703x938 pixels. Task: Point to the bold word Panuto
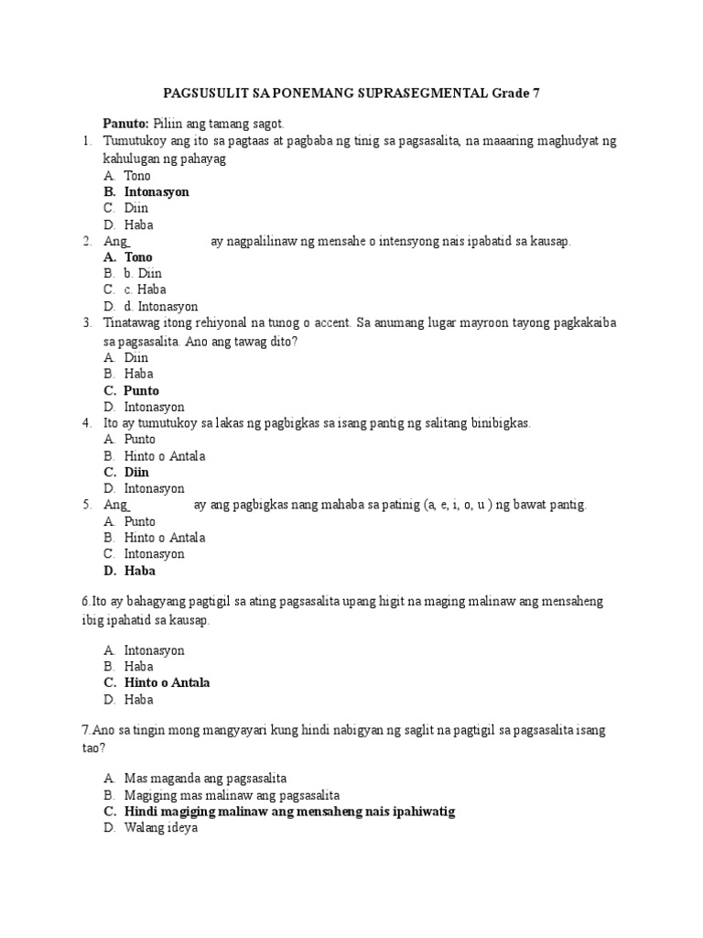pos(126,123)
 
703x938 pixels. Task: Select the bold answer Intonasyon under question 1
pos(157,192)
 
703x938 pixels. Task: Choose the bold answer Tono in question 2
pos(138,257)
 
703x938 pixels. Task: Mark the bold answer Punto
pos(142,390)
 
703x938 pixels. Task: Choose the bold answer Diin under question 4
pos(136,472)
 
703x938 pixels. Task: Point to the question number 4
pos(85,423)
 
